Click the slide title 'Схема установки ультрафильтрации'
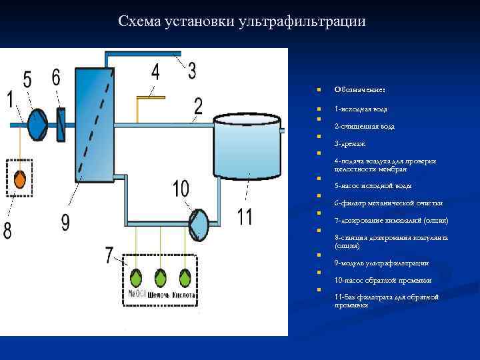[x=241, y=21]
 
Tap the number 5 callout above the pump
[x=27, y=79]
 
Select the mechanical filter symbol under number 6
[x=61, y=123]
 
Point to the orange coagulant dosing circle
[x=20, y=179]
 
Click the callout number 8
[x=7, y=231]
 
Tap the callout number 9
[x=65, y=222]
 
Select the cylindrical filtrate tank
[x=247, y=149]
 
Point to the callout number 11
[x=245, y=217]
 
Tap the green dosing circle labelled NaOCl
[x=136, y=277]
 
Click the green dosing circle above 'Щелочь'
[x=161, y=277]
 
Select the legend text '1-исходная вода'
[x=361, y=109]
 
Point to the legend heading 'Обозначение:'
[x=360, y=89]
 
